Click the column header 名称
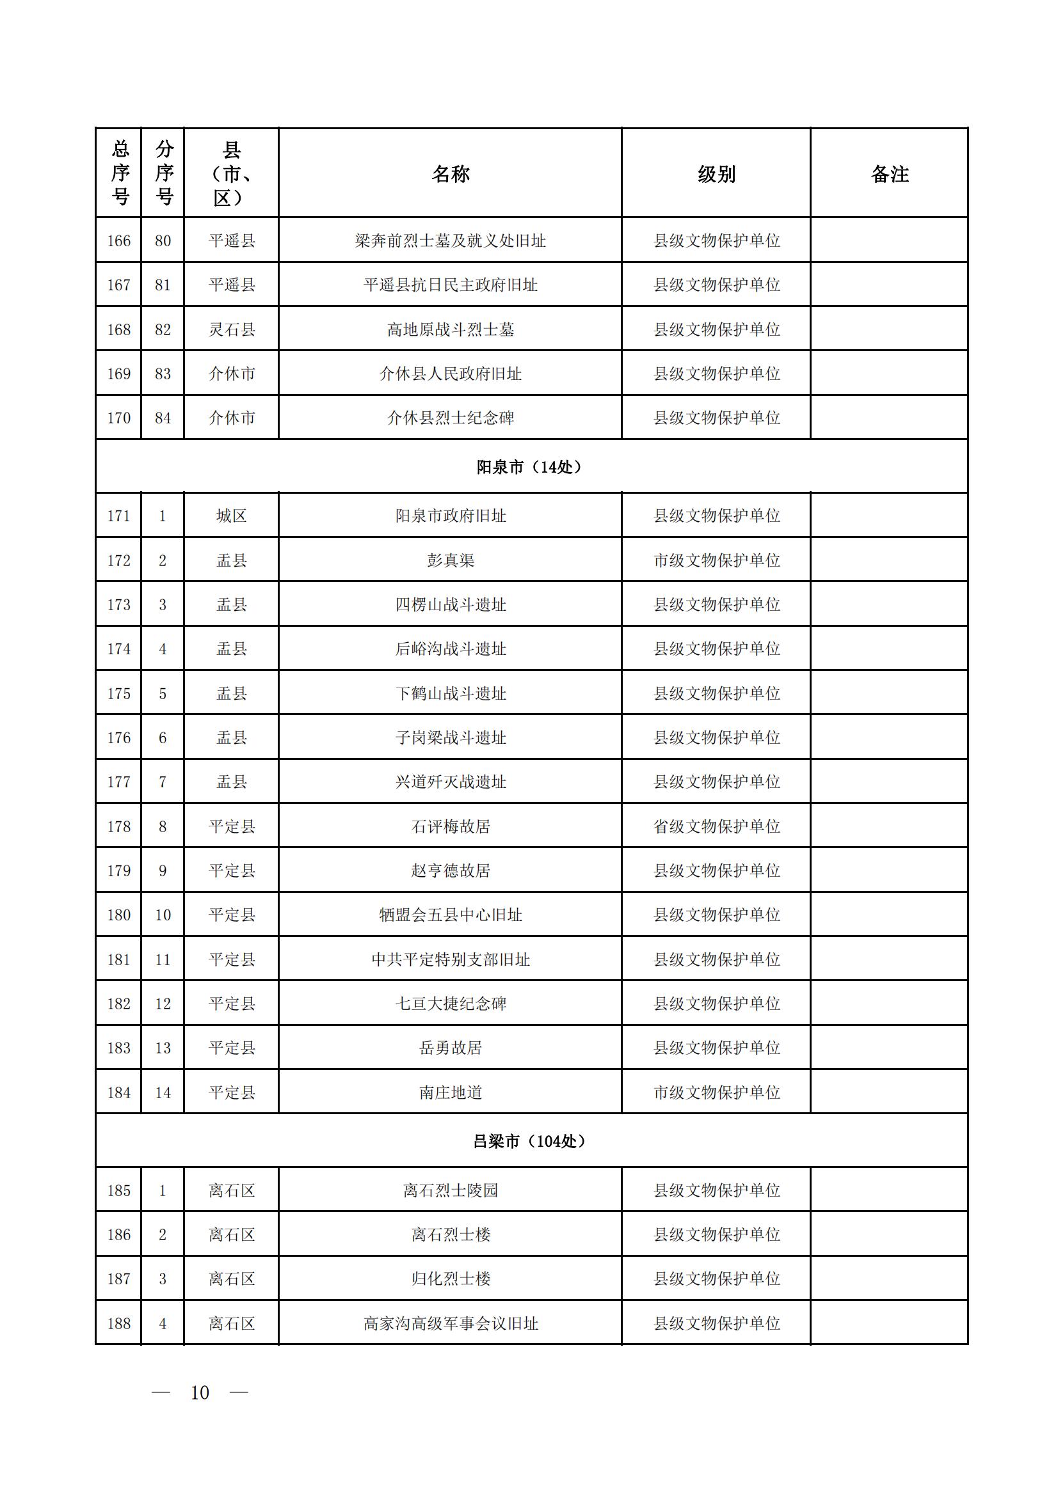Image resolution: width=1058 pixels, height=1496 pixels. click(x=450, y=174)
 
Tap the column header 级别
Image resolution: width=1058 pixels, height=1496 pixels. click(x=716, y=174)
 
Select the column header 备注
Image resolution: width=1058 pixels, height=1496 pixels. click(x=889, y=174)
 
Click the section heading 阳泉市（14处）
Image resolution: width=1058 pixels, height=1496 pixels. click(x=529, y=467)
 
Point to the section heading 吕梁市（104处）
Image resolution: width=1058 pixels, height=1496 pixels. click(x=529, y=1142)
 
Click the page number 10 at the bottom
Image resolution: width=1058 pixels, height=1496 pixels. click(x=200, y=1392)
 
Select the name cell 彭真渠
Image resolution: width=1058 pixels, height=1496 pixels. click(x=450, y=560)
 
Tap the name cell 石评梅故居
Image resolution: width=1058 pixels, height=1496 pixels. click(x=450, y=826)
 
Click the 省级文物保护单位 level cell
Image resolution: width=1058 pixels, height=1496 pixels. click(x=716, y=826)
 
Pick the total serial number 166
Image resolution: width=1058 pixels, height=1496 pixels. click(x=118, y=241)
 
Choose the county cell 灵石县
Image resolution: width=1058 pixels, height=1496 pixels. click(x=232, y=329)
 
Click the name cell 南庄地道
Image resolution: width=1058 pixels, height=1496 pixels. click(x=450, y=1092)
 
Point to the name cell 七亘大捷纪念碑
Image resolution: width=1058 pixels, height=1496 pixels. click(x=450, y=1004)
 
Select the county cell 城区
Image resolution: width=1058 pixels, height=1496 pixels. click(x=232, y=516)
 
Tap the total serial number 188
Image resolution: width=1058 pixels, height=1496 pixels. click(x=118, y=1323)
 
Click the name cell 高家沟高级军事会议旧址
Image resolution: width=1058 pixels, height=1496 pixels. click(x=450, y=1323)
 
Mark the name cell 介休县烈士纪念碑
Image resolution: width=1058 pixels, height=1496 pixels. click(x=450, y=418)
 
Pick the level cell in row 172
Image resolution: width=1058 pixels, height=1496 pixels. click(x=716, y=560)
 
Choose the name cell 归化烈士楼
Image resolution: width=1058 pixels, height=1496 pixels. click(x=450, y=1279)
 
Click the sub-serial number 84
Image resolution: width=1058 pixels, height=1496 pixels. click(x=163, y=418)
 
